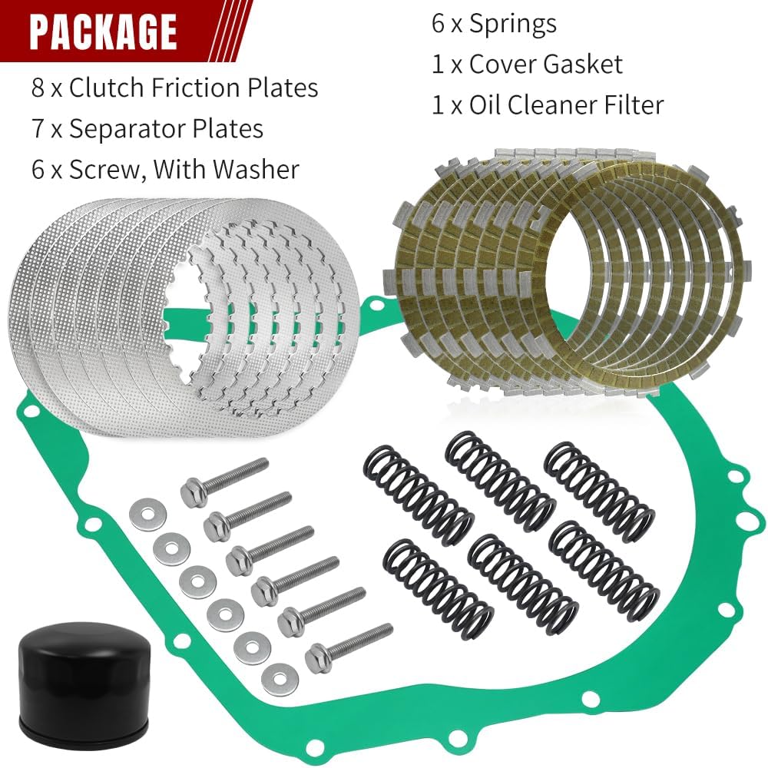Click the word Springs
[512, 23]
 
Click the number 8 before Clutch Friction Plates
[38, 88]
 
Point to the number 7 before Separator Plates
[38, 128]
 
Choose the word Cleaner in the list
[548, 104]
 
